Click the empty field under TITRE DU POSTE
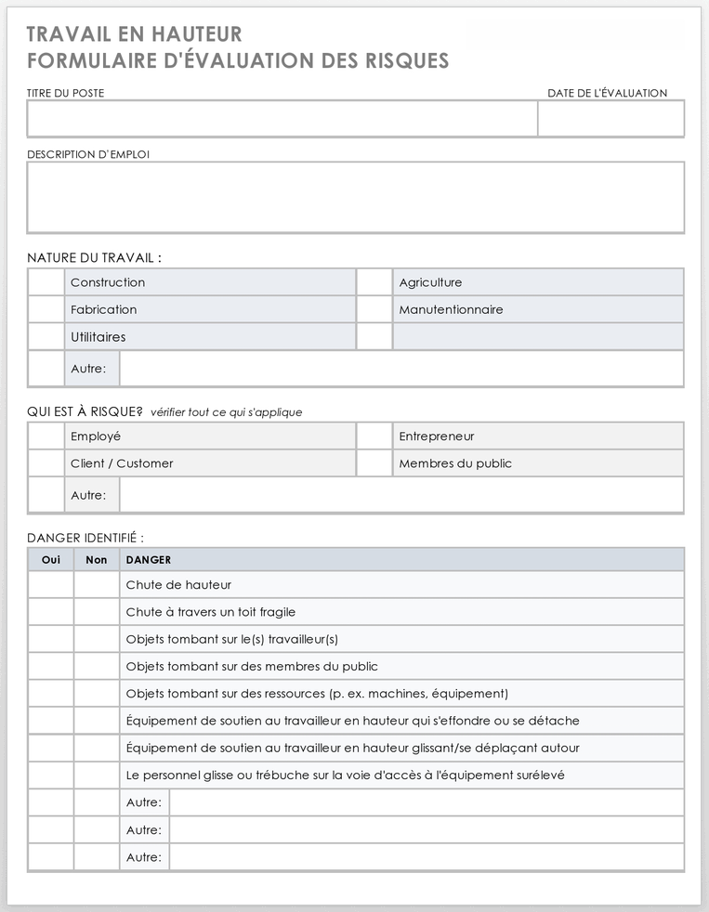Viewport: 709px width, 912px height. click(282, 119)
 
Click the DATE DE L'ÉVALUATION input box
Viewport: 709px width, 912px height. click(611, 119)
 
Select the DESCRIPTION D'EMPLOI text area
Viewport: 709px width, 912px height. click(355, 197)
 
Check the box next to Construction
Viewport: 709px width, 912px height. click(46, 282)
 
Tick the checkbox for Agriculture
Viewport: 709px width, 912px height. click(374, 282)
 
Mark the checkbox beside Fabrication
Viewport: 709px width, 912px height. click(46, 309)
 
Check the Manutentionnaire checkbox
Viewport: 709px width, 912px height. click(374, 309)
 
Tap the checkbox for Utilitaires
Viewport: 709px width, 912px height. click(46, 336)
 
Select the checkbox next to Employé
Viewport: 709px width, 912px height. click(46, 436)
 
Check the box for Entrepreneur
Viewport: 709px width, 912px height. click(374, 436)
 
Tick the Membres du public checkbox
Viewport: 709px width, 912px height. click(374, 463)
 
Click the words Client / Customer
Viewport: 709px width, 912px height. click(122, 463)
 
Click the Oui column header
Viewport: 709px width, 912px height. click(51, 560)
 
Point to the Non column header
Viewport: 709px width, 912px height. click(97, 560)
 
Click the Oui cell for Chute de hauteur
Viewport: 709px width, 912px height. click(51, 585)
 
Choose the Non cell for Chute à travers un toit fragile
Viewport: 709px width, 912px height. click(97, 612)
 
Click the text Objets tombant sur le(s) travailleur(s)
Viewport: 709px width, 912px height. click(232, 639)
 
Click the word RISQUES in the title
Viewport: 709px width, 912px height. click(401, 61)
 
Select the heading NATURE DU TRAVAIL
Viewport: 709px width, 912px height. click(94, 258)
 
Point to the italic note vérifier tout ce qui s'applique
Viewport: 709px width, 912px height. click(226, 412)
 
